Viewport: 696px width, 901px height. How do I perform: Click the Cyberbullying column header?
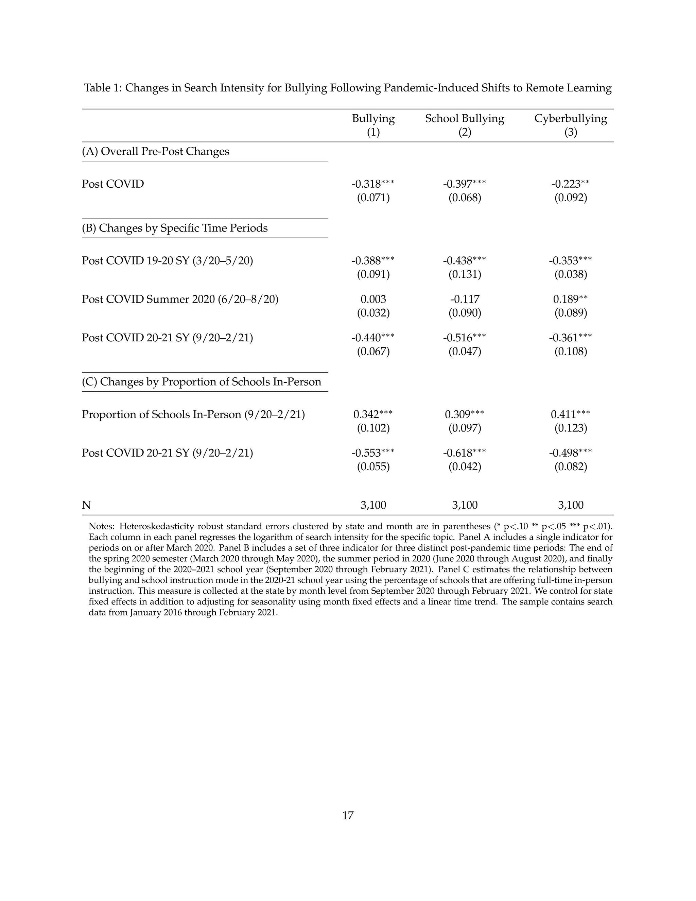click(571, 118)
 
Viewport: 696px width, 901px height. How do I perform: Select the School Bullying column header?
click(465, 118)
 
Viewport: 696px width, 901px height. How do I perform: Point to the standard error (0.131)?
click(465, 274)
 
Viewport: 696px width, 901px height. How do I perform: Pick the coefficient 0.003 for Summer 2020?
click(373, 299)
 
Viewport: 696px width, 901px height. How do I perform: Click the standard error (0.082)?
click(571, 466)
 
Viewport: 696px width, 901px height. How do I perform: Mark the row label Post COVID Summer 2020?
click(180, 299)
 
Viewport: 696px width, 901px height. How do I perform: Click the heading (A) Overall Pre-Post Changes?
click(155, 151)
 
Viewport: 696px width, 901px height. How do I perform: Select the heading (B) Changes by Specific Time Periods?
click(174, 228)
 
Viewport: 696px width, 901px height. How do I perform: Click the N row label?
click(86, 505)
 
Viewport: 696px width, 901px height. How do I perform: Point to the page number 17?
click(348, 816)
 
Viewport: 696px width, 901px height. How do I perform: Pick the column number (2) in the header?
click(465, 132)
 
